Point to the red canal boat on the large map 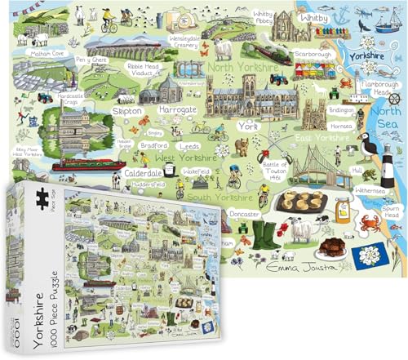coord(89,165)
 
